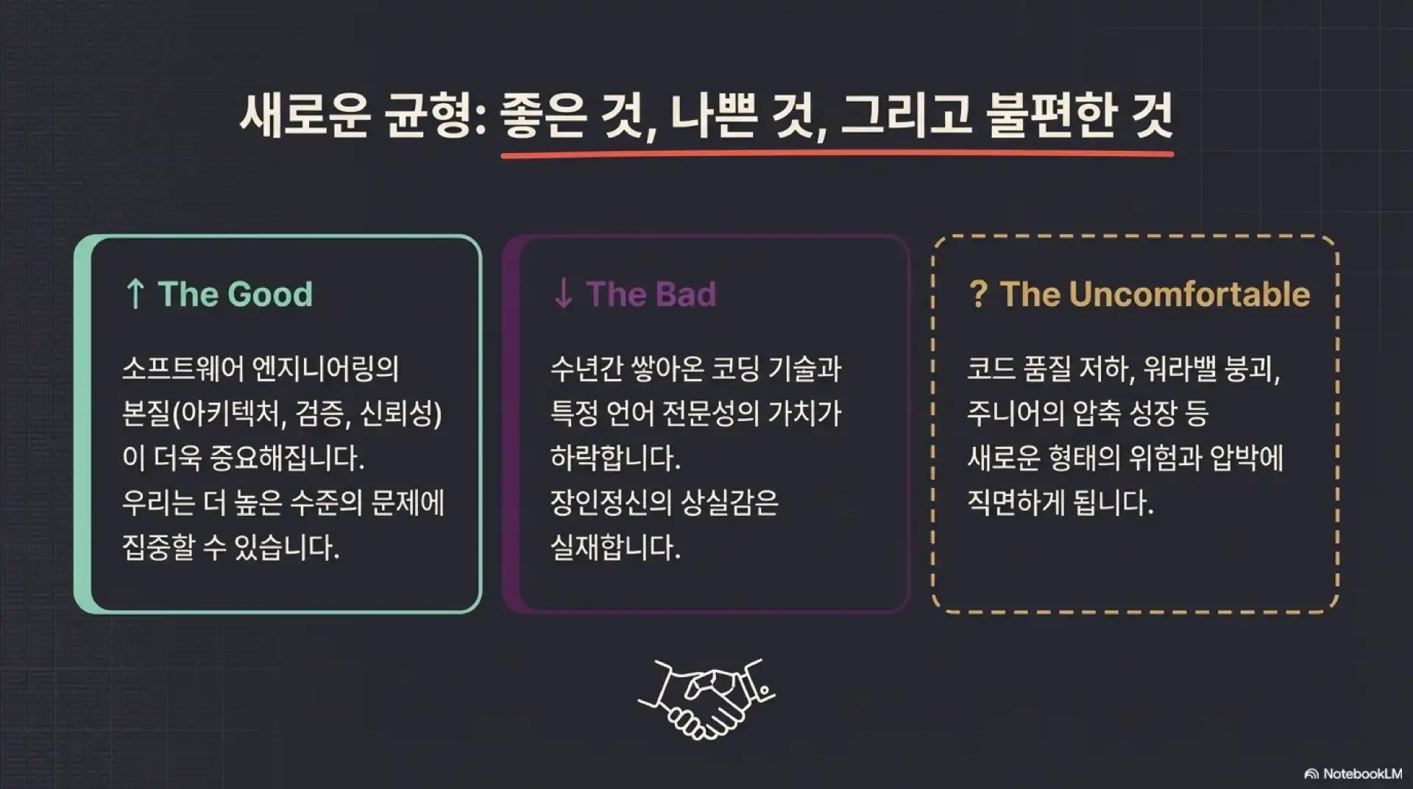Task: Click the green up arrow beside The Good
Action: [x=135, y=294]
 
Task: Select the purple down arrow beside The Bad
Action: [x=563, y=294]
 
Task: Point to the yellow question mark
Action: [x=978, y=294]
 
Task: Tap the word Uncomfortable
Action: [x=1189, y=294]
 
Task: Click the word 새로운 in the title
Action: [x=304, y=116]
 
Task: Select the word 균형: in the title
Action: [x=435, y=116]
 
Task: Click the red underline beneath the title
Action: [x=837, y=155]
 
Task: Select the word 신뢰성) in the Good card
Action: [x=400, y=413]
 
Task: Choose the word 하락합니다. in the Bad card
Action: [x=615, y=458]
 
